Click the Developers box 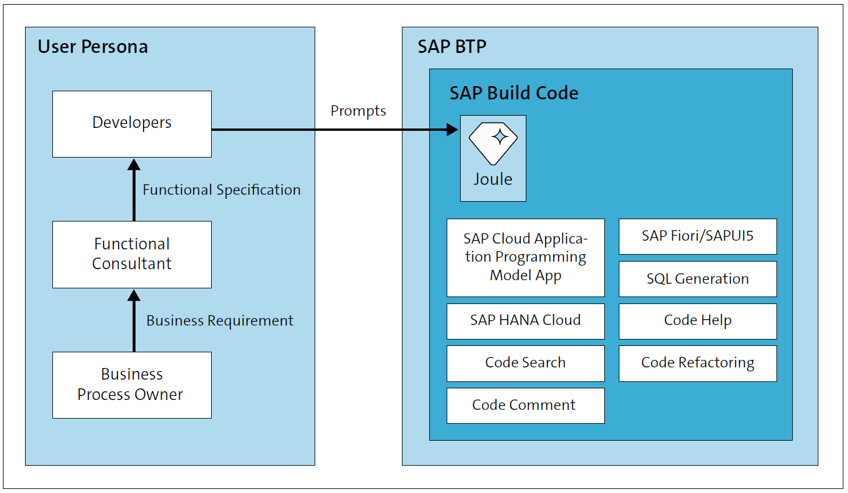pyautogui.click(x=132, y=124)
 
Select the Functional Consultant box pyautogui.click(x=132, y=254)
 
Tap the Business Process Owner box pyautogui.click(x=132, y=384)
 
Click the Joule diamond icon pyautogui.click(x=493, y=143)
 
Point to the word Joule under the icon pyautogui.click(x=493, y=179)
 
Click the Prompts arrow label pyautogui.click(x=358, y=110)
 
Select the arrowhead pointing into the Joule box pyautogui.click(x=452, y=130)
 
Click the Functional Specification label pyautogui.click(x=222, y=190)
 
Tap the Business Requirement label pyautogui.click(x=220, y=320)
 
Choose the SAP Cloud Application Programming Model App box pyautogui.click(x=525, y=258)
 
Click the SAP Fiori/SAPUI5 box pyautogui.click(x=697, y=236)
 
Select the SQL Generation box pyautogui.click(x=697, y=279)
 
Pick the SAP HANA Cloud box pyautogui.click(x=525, y=321)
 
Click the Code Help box pyautogui.click(x=697, y=321)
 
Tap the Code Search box pyautogui.click(x=525, y=363)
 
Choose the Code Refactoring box pyautogui.click(x=697, y=363)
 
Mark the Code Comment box pyautogui.click(x=525, y=405)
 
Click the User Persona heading pyautogui.click(x=92, y=47)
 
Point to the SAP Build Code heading pyautogui.click(x=514, y=93)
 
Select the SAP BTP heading pyautogui.click(x=452, y=47)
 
